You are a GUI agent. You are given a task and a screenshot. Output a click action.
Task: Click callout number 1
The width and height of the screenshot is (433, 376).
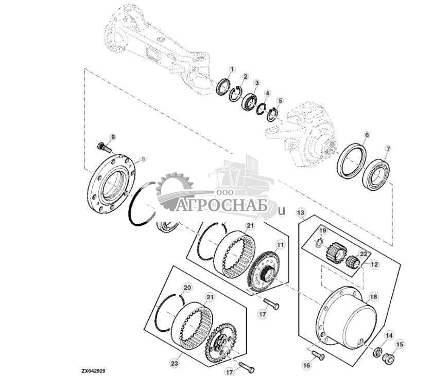point(232,69)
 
